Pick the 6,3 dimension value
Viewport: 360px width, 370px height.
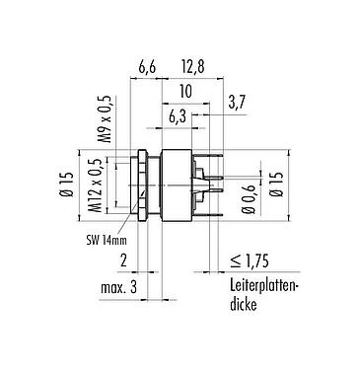(x=177, y=117)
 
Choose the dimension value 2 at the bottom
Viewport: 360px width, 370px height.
(x=121, y=260)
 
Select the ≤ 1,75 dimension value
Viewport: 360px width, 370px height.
(x=251, y=261)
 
